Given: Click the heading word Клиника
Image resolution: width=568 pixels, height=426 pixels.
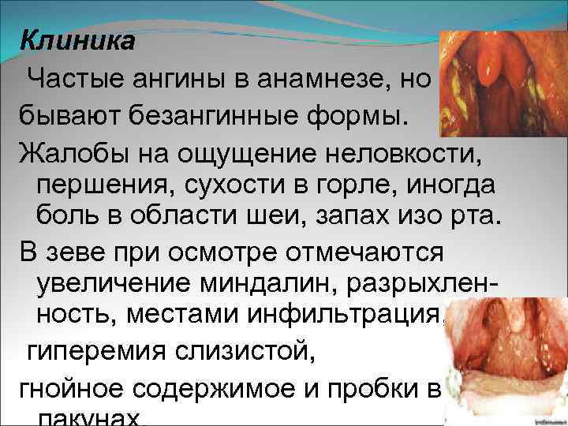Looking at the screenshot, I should point(77,39).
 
